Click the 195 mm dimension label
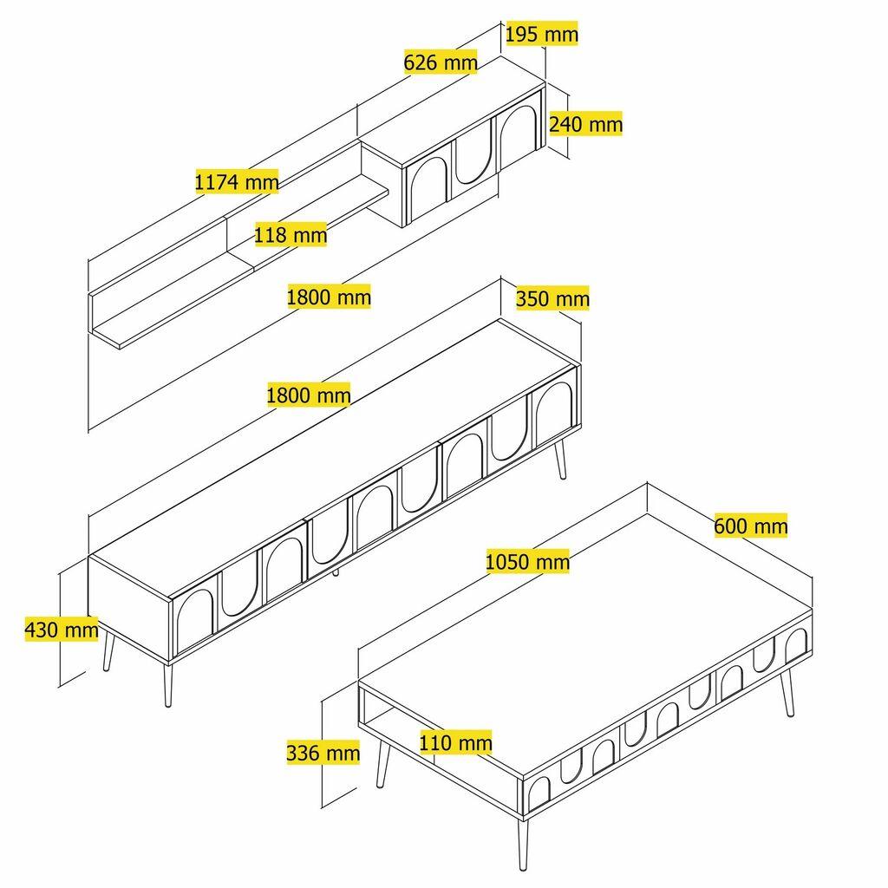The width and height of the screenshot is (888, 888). pos(541,34)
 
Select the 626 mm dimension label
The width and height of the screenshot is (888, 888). pos(441,62)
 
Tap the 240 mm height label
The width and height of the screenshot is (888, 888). pos(586,124)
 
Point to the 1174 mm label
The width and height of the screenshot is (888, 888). pos(237,182)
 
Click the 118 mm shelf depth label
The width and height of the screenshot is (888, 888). pos(291,234)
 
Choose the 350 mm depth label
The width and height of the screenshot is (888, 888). pos(552,299)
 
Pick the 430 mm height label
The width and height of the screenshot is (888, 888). pos(61,630)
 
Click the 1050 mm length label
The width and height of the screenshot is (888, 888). pos(527,562)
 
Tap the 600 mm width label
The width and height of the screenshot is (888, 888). pos(751,526)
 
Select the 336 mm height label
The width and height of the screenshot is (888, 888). pos(323,753)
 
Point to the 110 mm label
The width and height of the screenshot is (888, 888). pos(455,742)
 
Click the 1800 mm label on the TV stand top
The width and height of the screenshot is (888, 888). pos(309,396)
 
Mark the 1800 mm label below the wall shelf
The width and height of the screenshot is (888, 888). pos(329,297)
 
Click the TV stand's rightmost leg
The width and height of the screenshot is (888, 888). pos(559,460)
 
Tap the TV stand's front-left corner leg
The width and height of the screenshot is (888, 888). pos(166,685)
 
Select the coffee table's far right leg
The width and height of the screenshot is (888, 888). pos(787,694)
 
